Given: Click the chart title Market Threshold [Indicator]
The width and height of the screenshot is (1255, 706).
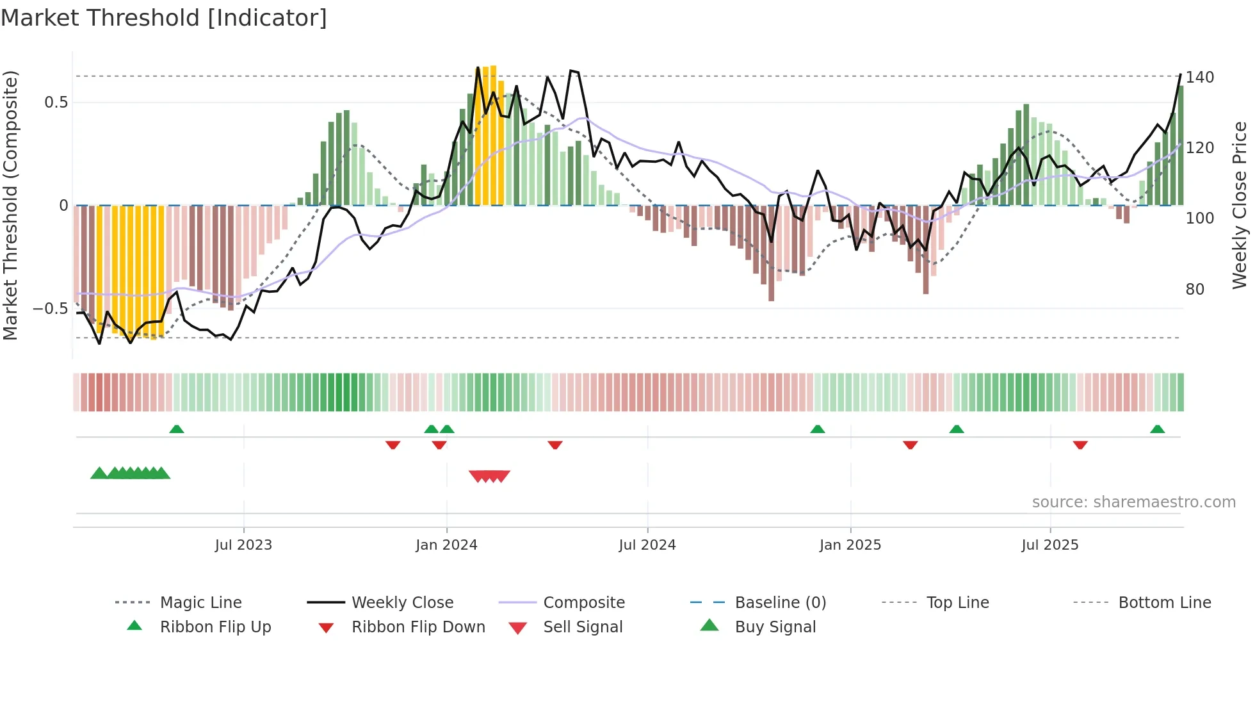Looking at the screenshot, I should [164, 18].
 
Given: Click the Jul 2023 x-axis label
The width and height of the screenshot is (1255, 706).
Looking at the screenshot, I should [243, 545].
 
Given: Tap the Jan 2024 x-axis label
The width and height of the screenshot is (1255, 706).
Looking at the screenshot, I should [446, 545].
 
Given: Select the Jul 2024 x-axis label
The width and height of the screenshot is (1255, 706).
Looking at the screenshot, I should [647, 545].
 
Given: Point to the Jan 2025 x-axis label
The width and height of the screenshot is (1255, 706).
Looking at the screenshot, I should [850, 545].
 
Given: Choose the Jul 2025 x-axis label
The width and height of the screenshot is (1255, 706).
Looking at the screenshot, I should [1049, 545].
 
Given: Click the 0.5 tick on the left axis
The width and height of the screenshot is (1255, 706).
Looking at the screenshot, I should [56, 103].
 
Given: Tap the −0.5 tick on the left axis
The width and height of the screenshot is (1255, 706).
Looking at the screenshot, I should [51, 309].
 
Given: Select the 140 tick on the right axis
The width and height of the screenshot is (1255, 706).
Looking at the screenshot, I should [1199, 78].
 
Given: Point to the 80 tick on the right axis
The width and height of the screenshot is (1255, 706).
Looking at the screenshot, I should [1195, 290].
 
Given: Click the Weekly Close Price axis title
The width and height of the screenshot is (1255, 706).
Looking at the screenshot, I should [1240, 205].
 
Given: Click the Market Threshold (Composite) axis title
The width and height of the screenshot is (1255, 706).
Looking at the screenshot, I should [10, 205].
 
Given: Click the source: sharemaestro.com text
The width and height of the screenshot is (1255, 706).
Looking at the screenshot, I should [1133, 502].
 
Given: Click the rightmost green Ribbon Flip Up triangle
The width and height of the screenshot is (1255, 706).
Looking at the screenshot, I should [1157, 429].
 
